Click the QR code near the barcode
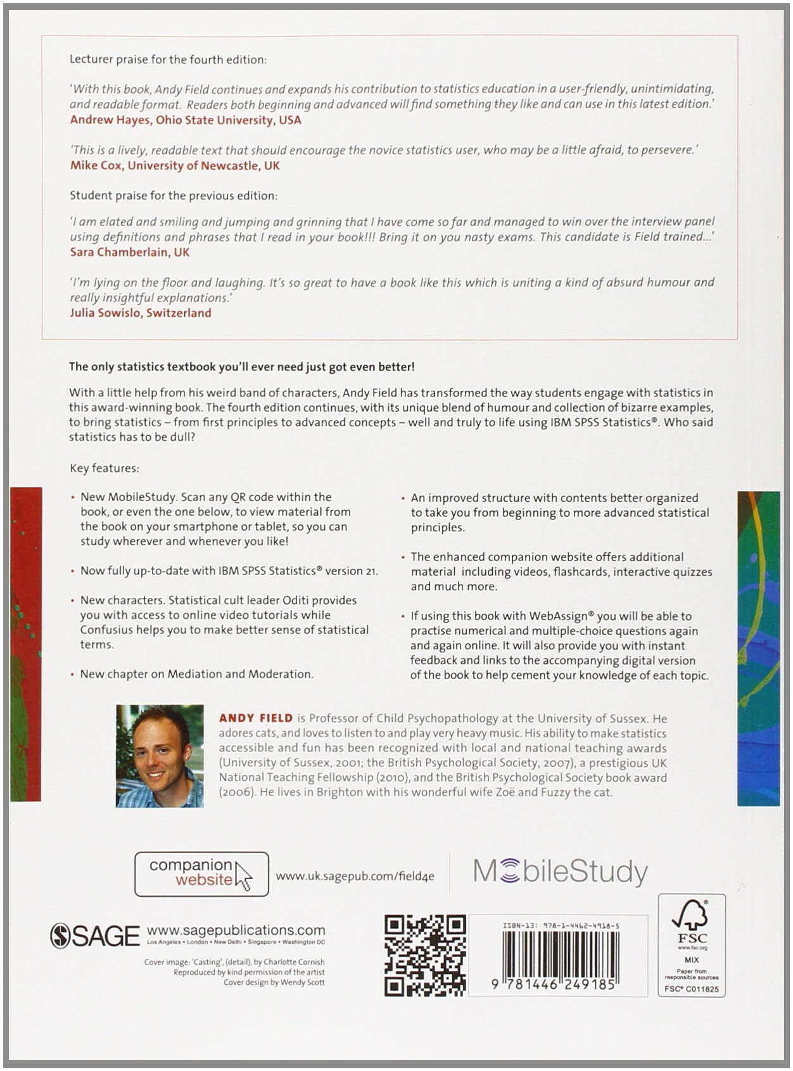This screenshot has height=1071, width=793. pyautogui.click(x=425, y=954)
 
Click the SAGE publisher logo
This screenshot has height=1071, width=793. pyautogui.click(x=95, y=935)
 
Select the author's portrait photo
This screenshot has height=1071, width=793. pyautogui.click(x=160, y=756)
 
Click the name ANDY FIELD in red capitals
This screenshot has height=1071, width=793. pyautogui.click(x=256, y=718)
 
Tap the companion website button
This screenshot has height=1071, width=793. pyautogui.click(x=201, y=873)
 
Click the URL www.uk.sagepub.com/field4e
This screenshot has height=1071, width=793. pyautogui.click(x=355, y=877)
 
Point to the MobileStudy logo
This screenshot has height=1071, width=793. pyautogui.click(x=561, y=872)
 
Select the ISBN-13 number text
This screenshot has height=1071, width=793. pyautogui.click(x=561, y=925)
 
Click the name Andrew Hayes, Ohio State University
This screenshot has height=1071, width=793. pyautogui.click(x=186, y=120)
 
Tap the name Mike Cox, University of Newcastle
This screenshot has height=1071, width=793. pyautogui.click(x=175, y=165)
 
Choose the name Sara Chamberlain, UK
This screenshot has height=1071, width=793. pyautogui.click(x=130, y=251)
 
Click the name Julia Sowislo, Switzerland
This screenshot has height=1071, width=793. pyautogui.click(x=141, y=312)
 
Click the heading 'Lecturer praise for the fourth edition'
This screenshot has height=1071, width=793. pyautogui.click(x=168, y=60)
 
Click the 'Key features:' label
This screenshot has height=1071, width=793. pyautogui.click(x=105, y=468)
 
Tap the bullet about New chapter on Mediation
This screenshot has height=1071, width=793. pyautogui.click(x=196, y=674)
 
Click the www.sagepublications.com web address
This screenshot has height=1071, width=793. pyautogui.click(x=236, y=930)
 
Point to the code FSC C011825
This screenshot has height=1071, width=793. pyautogui.click(x=691, y=989)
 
